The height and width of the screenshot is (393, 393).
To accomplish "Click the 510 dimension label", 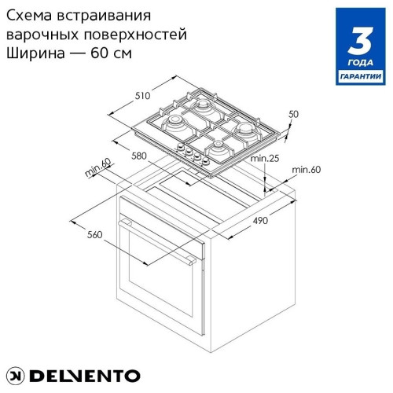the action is [x=142, y=96].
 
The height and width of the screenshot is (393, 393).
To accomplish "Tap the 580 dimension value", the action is [x=139, y=156].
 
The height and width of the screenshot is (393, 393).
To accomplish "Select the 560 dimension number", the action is [x=94, y=234].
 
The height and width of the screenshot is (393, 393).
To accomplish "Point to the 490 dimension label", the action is [x=260, y=221].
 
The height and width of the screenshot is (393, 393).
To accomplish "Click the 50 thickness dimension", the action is [x=293, y=114].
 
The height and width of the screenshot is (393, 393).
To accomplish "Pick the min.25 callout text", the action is [x=265, y=158].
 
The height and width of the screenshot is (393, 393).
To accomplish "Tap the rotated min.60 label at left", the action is [x=98, y=167].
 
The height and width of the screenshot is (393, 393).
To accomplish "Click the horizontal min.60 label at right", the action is [x=307, y=170].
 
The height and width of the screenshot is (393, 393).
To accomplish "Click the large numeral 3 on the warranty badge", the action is [x=361, y=41].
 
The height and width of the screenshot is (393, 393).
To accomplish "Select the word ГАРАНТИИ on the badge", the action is [x=361, y=76].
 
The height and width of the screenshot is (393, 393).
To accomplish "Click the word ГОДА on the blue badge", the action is [x=361, y=63].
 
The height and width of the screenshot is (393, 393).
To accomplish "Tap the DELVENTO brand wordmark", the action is [x=85, y=376].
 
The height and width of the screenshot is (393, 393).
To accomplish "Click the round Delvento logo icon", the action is [x=15, y=376].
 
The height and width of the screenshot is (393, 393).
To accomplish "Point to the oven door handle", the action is [x=157, y=242].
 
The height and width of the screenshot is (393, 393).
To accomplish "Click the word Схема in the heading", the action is [x=28, y=16].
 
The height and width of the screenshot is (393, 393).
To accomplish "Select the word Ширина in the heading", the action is [x=35, y=53].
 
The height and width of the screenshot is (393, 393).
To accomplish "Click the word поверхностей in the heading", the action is [x=135, y=35].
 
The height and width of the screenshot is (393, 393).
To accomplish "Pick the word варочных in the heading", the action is [x=42, y=35].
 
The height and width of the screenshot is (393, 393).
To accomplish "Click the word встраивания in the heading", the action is [x=104, y=17].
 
